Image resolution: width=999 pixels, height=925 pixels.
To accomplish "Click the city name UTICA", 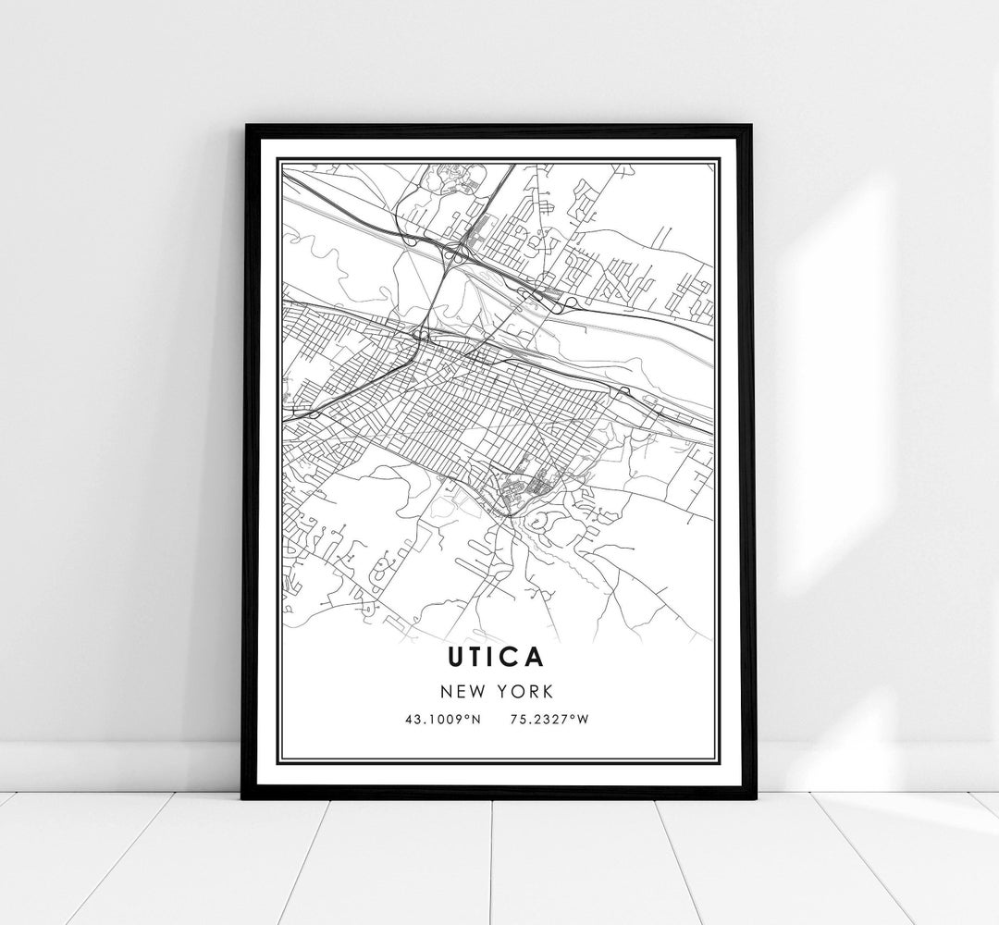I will [x=498, y=658].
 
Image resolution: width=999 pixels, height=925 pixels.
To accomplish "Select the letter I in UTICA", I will [x=494, y=658].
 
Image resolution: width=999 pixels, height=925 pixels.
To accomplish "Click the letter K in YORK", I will [x=549, y=690].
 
